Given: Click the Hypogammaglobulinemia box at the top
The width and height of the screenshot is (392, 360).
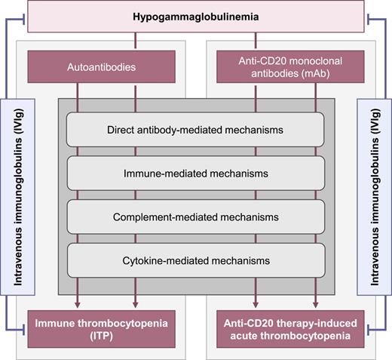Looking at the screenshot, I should pyautogui.click(x=195, y=17).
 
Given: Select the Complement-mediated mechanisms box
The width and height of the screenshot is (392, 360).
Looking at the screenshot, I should pyautogui.click(x=196, y=217).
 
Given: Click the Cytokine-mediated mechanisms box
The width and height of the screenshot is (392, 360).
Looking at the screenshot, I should pyautogui.click(x=196, y=260).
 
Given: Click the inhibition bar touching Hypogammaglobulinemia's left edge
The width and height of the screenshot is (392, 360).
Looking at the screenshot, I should pyautogui.click(x=26, y=16).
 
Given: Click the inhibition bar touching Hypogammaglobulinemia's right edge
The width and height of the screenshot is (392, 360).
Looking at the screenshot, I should pyautogui.click(x=365, y=16).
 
